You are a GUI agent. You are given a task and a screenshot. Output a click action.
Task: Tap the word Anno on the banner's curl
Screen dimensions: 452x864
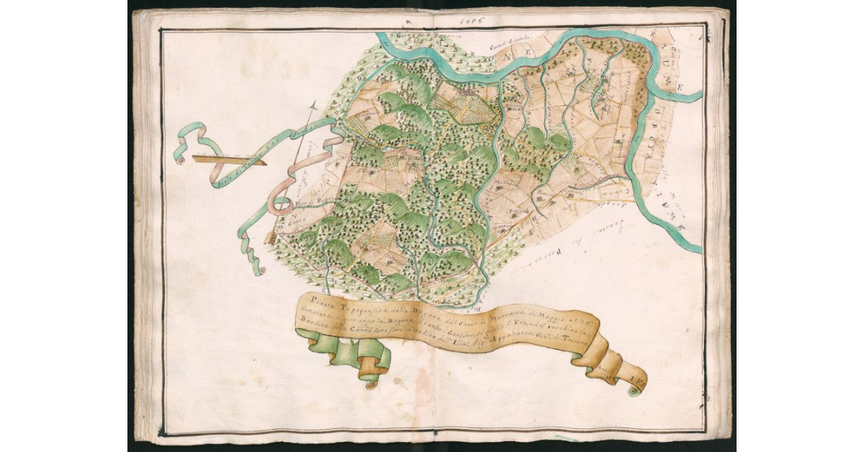click(604, 371)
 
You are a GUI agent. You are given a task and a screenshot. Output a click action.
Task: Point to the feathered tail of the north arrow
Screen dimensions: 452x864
click(271, 238)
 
